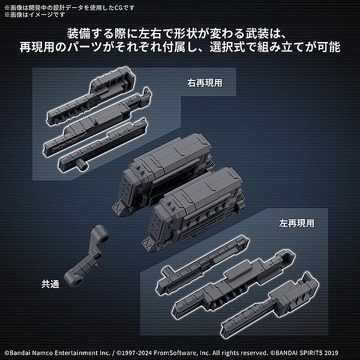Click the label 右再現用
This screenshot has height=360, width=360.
(205, 83)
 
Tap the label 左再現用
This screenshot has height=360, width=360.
(296, 223)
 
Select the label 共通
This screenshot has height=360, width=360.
(50, 284)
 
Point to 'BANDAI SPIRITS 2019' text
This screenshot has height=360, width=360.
(306, 353)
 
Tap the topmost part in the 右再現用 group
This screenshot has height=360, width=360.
(92, 95)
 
